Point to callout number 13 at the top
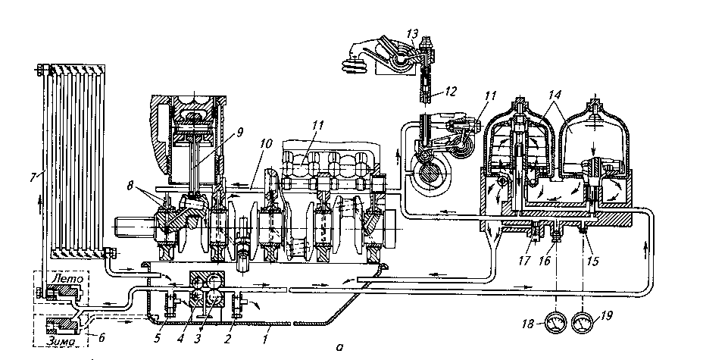click(412, 34)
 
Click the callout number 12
click(451, 92)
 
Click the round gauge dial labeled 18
click(555, 324)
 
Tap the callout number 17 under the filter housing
click(524, 260)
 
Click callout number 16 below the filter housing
click(545, 261)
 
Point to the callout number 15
click(592, 261)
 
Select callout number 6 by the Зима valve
click(102, 337)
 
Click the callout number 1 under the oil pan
click(265, 340)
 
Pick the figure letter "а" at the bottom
click(339, 347)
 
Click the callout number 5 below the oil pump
click(157, 339)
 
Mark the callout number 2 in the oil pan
click(227, 339)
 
